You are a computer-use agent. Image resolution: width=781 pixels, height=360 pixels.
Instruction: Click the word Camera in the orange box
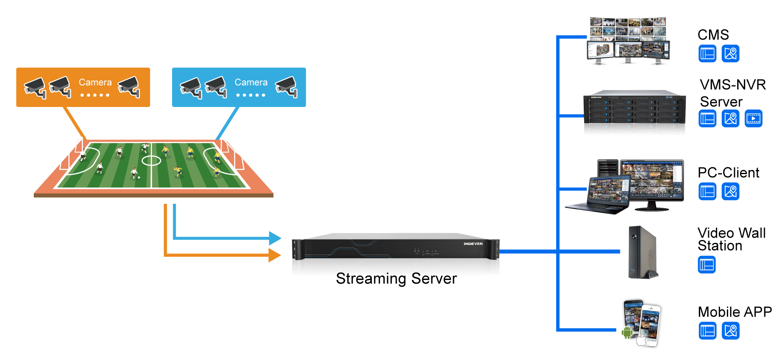tap(95, 83)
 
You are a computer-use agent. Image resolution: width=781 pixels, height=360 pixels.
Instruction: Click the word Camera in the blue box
tap(251, 83)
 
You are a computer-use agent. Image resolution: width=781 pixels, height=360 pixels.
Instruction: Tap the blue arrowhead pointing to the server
tap(275, 238)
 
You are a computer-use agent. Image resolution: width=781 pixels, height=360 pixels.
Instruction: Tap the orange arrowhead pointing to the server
tap(275, 255)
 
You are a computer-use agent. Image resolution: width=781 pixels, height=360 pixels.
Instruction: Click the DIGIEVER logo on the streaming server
tap(473, 244)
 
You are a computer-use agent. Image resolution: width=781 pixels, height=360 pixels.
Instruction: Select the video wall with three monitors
tap(628, 41)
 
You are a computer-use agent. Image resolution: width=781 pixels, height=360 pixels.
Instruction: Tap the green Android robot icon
tap(627, 332)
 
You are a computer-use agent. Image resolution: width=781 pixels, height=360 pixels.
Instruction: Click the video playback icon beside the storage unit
tap(753, 118)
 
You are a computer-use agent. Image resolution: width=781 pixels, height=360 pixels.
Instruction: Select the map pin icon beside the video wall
tap(731, 54)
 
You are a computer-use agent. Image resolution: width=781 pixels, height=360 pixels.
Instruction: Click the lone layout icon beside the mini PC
tap(707, 265)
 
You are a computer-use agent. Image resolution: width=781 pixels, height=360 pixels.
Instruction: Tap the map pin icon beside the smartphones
tap(731, 331)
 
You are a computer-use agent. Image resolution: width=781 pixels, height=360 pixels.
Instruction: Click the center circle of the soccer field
tap(151, 161)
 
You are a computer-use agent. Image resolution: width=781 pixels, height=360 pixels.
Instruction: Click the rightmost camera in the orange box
tap(129, 87)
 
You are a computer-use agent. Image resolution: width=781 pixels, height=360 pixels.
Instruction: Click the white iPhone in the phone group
tap(650, 325)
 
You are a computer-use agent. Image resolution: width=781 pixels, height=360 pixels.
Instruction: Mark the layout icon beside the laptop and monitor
tap(707, 192)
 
